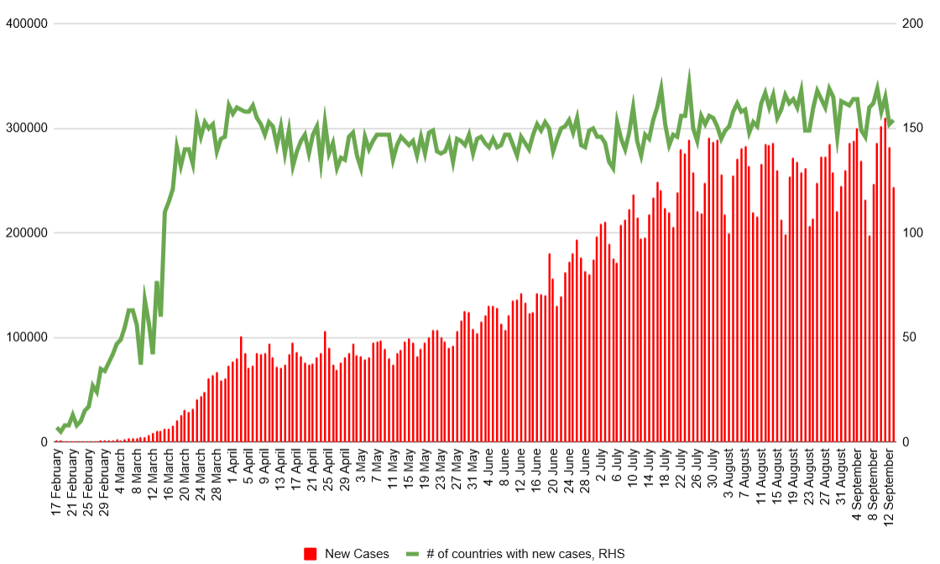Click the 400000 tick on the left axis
pos(27,23)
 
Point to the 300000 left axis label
pos(27,128)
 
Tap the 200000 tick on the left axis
pos(27,233)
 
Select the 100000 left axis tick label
pos(27,337)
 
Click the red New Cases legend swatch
pos(311,554)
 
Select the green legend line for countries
pos(410,554)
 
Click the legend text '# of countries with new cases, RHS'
pos(525,554)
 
